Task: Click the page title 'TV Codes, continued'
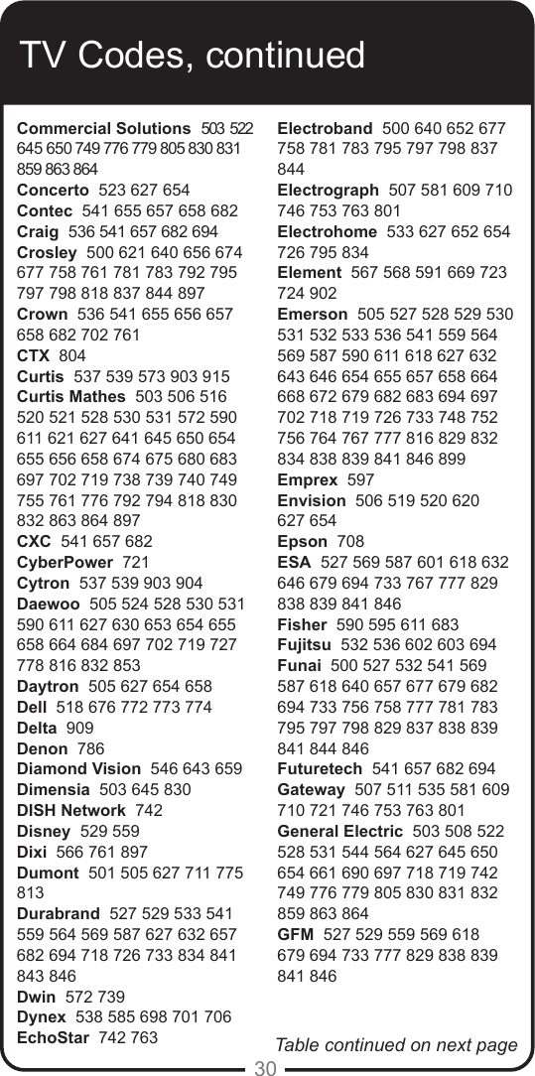pos(194,56)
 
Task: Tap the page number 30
pos(265,1068)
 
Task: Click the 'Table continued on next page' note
pos(396,1044)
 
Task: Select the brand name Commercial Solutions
pos(103,129)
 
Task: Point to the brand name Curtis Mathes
pos(71,397)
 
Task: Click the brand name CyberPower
pos(65,563)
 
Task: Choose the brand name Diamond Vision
pos(78,769)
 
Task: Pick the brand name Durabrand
pos(59,913)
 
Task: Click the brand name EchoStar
pos(55,1038)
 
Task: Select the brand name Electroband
pos(325,129)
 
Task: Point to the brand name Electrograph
pos(328,190)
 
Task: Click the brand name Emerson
pos(312,314)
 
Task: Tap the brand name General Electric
pos(340,831)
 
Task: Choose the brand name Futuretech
pos(320,769)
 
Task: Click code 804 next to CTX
pos(72,355)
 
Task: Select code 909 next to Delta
pos(78,728)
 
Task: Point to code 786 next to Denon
pos(90,748)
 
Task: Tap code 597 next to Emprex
pos(361,479)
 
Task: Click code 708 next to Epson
pos(350,542)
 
